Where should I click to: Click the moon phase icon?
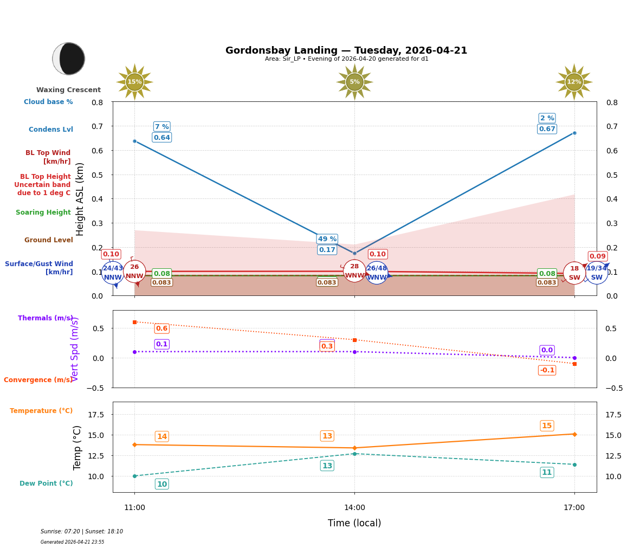tap(69, 59)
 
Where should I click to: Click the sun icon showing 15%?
tap(134, 82)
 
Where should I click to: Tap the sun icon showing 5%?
tap(354, 82)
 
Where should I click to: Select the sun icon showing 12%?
tap(574, 82)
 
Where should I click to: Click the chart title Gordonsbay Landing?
tap(346, 50)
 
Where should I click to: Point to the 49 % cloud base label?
tap(327, 239)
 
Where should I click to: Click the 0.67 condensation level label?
tap(547, 129)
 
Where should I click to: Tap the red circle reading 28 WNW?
tap(354, 271)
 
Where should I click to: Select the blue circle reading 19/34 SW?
tap(596, 273)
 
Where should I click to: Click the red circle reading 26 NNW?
tap(134, 272)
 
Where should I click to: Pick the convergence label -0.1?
tap(547, 370)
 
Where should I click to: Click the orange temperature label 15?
tap(547, 426)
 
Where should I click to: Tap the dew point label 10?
tap(161, 484)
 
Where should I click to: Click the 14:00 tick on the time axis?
tap(354, 508)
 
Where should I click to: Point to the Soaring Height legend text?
tap(43, 212)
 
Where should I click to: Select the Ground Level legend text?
tap(49, 240)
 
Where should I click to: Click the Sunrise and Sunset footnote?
tap(82, 532)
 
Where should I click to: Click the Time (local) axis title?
tap(354, 523)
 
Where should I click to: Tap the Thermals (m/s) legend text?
tap(46, 318)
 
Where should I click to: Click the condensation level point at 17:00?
tap(574, 133)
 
